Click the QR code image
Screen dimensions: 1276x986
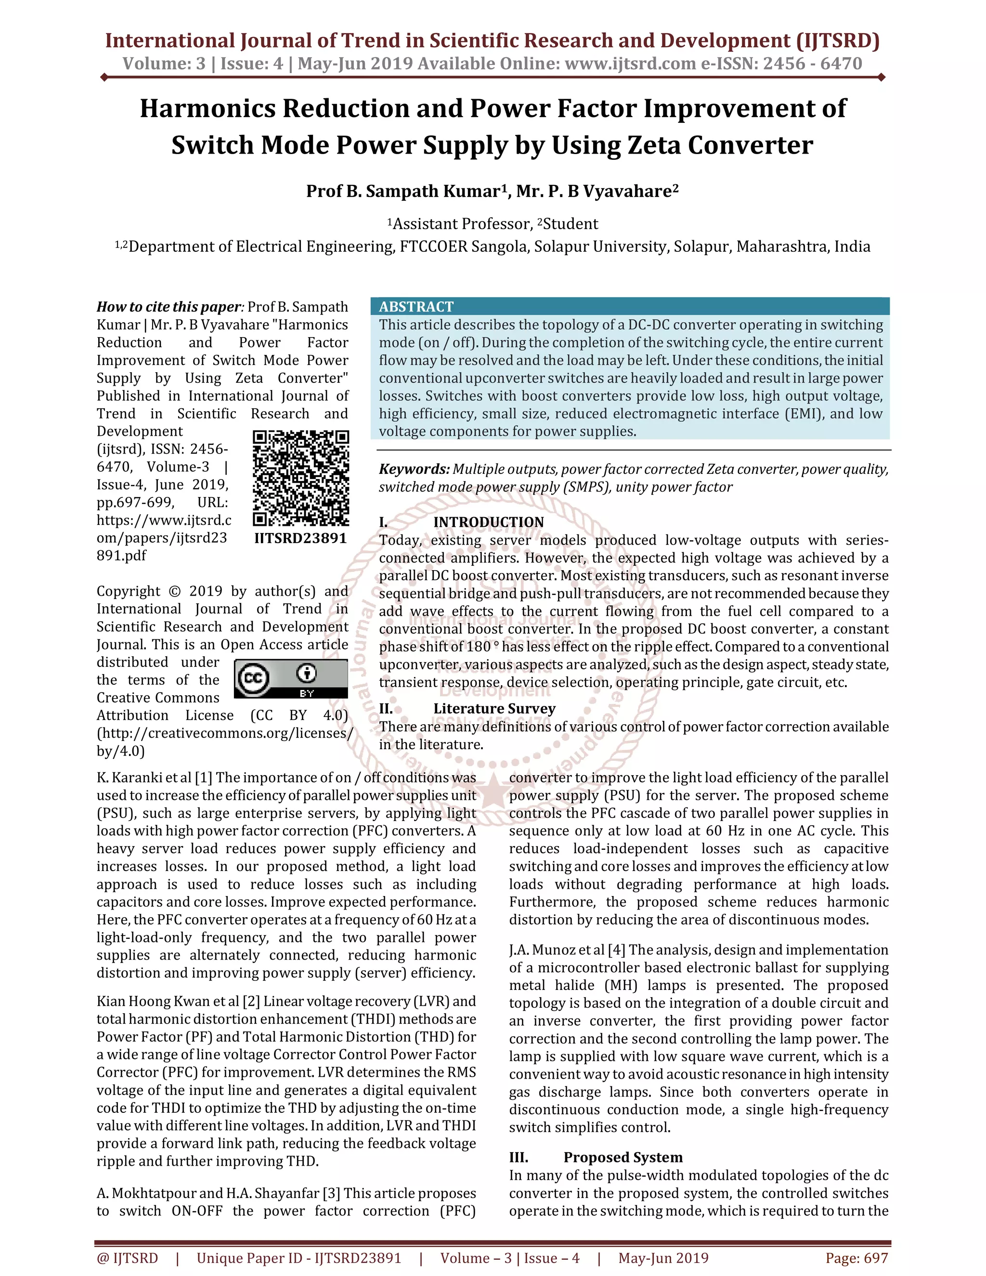[x=301, y=479]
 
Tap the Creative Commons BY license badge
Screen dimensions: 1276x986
[x=290, y=679]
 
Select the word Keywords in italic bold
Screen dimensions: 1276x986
[x=414, y=469]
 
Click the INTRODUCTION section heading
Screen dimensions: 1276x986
[x=488, y=522]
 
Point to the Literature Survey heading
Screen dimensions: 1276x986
[x=494, y=709]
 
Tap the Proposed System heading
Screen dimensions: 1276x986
[x=623, y=1158]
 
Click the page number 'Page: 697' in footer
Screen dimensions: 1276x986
[x=856, y=1258]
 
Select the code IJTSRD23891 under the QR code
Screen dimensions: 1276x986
[x=301, y=538]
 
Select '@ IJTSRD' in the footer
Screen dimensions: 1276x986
[x=127, y=1258]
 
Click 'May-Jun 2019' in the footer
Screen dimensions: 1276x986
[x=663, y=1258]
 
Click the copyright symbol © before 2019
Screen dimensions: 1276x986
[x=174, y=591]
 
